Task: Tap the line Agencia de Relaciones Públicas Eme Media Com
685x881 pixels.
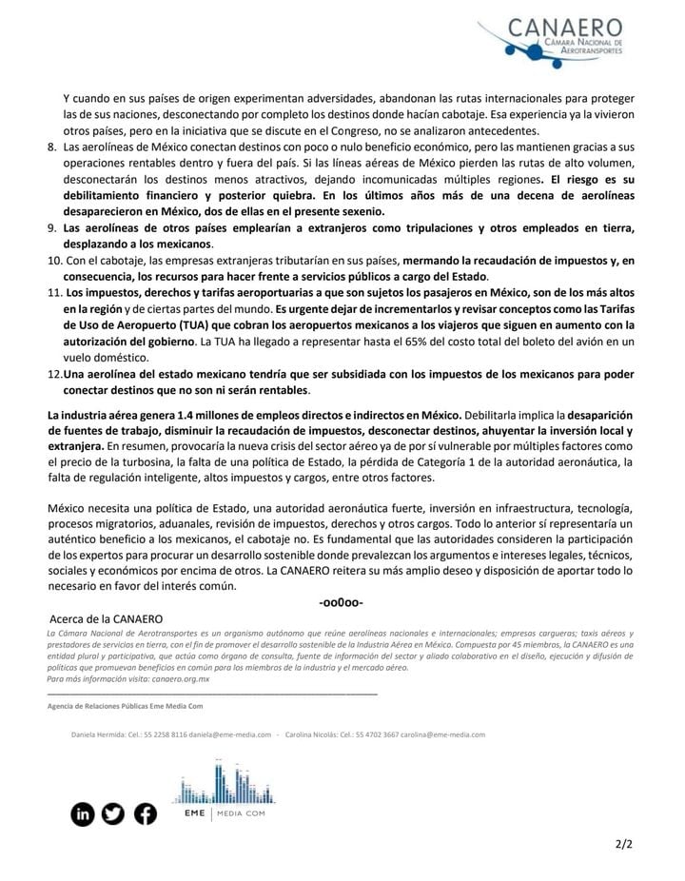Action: (125, 707)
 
